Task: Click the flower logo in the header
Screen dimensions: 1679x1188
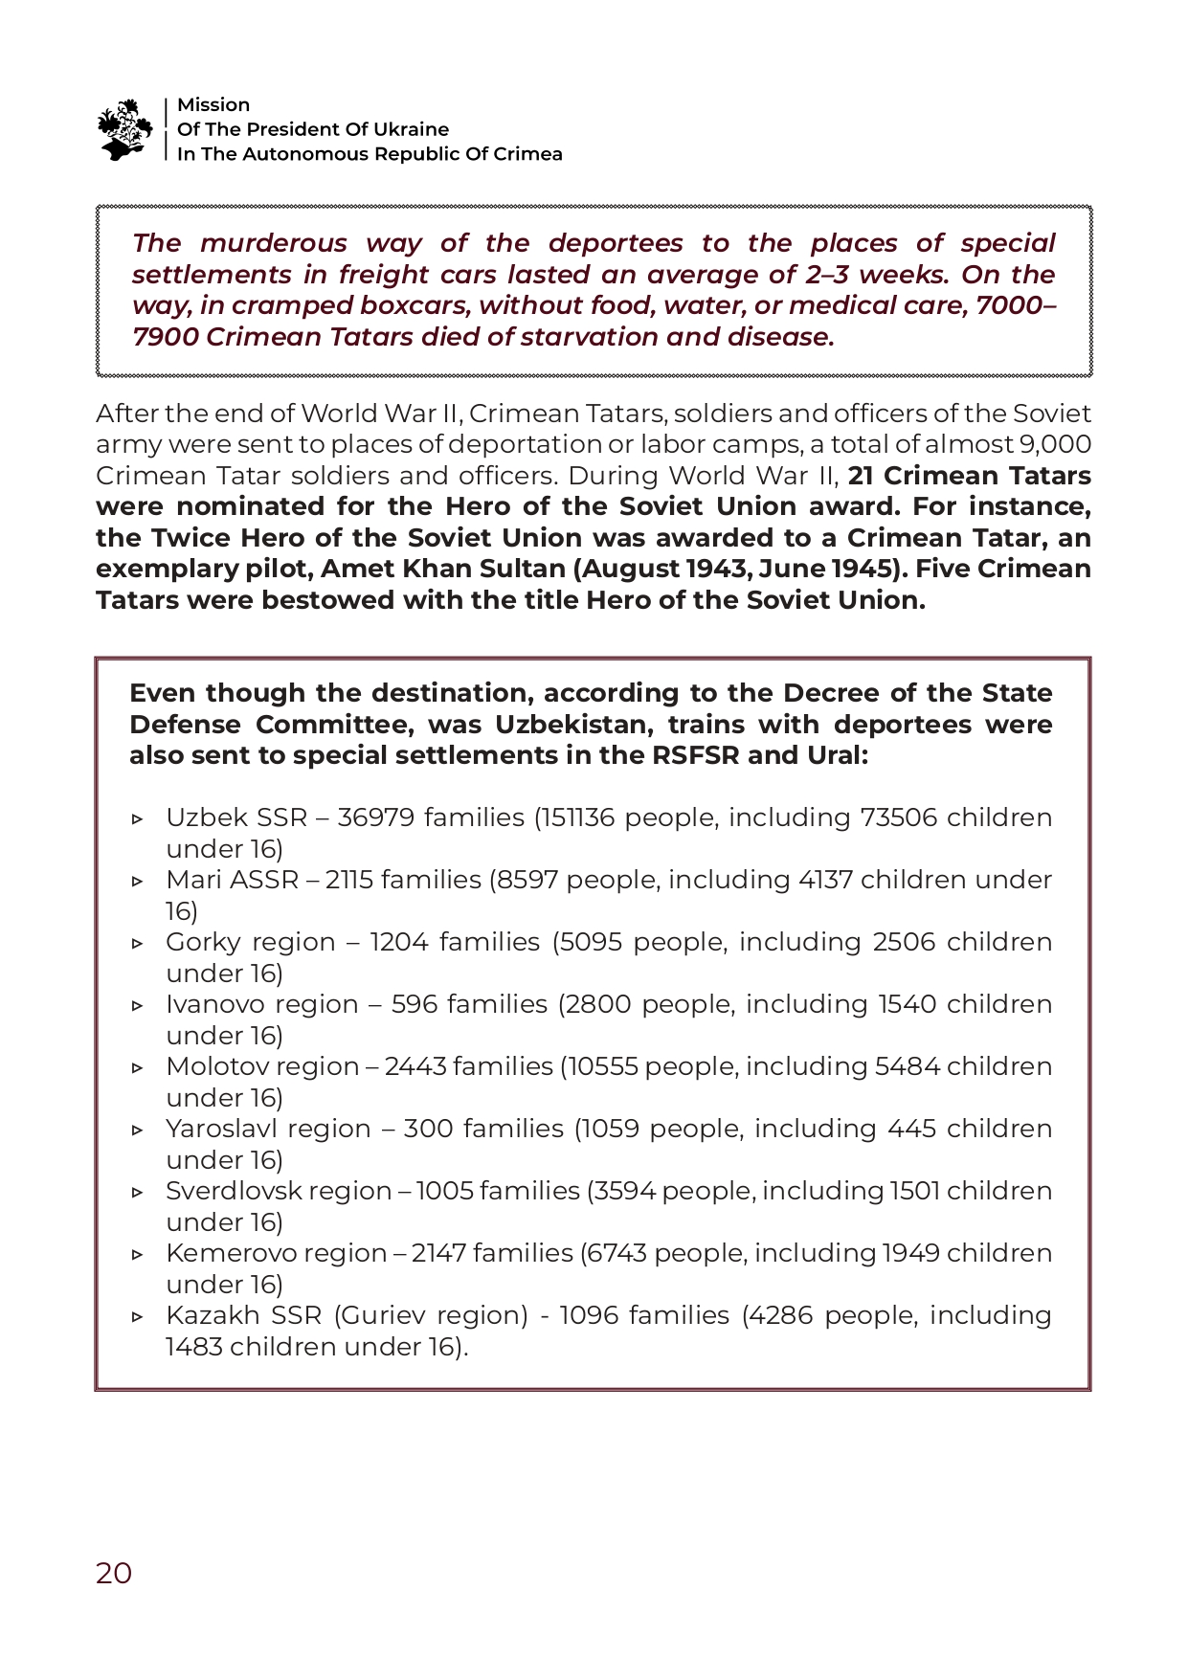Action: (124, 128)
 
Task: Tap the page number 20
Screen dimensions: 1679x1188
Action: (114, 1573)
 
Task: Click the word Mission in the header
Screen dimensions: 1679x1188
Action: (213, 105)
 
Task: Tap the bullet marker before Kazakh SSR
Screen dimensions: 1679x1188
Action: (138, 1317)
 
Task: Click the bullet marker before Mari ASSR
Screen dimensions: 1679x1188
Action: (138, 882)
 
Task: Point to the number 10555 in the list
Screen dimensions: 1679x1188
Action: (603, 1067)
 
